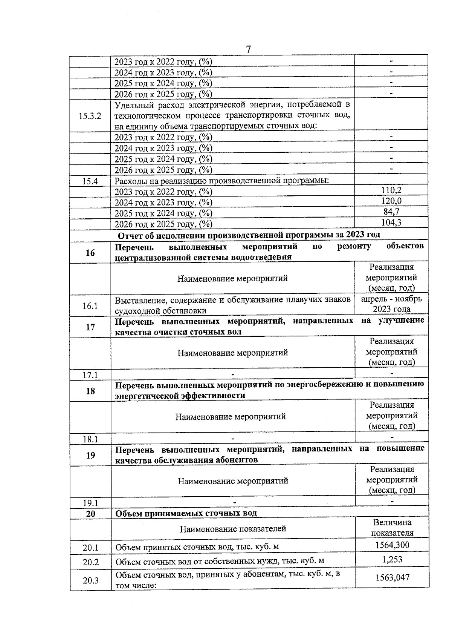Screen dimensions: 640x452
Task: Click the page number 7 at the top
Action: click(x=248, y=49)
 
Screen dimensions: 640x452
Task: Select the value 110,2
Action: click(x=391, y=190)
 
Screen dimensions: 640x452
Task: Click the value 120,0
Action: click(x=391, y=201)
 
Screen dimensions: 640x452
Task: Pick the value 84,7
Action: click(x=391, y=212)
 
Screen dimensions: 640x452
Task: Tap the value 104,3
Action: click(x=391, y=223)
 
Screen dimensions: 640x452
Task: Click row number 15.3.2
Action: click(x=90, y=116)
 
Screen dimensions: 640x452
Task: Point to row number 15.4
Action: click(x=90, y=181)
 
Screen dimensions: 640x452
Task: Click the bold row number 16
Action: click(x=90, y=253)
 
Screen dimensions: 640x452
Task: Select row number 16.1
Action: click(x=90, y=306)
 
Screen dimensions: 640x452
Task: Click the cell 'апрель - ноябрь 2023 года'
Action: click(x=391, y=304)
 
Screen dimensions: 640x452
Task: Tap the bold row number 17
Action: click(x=90, y=327)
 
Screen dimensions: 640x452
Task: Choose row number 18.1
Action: click(x=90, y=439)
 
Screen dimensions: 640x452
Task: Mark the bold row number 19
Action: click(x=90, y=455)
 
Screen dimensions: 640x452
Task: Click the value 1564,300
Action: click(x=392, y=545)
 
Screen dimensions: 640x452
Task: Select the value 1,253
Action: click(x=392, y=560)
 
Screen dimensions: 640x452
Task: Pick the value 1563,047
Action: click(x=392, y=577)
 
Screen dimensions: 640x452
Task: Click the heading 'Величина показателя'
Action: click(x=392, y=528)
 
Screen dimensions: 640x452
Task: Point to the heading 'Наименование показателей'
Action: click(x=233, y=529)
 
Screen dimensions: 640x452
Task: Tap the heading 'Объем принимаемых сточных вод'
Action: click(x=186, y=513)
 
